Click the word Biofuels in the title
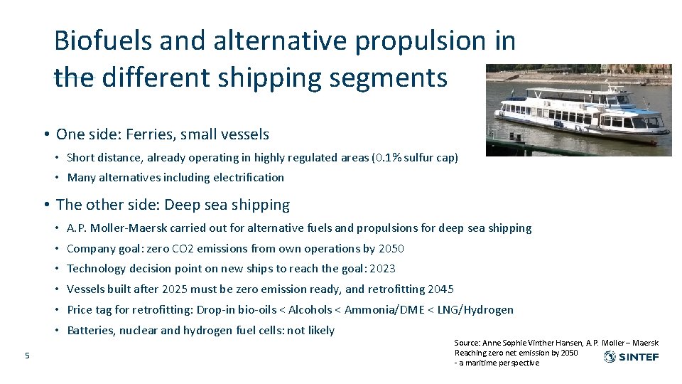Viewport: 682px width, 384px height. [x=102, y=41]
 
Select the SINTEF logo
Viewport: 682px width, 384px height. [x=631, y=357]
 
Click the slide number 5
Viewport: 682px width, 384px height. [x=27, y=356]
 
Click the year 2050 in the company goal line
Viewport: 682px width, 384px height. [x=391, y=248]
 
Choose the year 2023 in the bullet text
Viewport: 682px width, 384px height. [x=382, y=268]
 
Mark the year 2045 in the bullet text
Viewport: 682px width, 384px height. [x=440, y=289]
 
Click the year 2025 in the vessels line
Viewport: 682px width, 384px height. [x=175, y=289]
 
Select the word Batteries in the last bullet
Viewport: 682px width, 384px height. [x=90, y=330]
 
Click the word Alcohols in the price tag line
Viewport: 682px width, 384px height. [x=310, y=309]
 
